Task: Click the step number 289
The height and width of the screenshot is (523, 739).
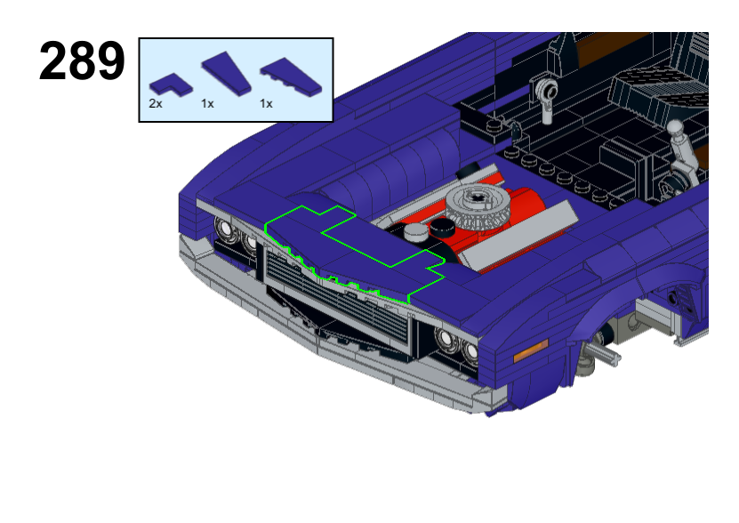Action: pos(82,60)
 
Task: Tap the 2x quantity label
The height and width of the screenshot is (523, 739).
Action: pos(156,104)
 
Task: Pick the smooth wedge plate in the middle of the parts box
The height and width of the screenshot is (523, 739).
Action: pos(226,74)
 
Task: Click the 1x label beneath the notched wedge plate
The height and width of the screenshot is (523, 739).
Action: pos(266,104)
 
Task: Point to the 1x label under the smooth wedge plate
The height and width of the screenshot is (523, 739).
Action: pos(207,104)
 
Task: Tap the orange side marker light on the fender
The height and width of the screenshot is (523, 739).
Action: pos(531,351)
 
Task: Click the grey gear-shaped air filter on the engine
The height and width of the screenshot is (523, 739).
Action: pos(478,206)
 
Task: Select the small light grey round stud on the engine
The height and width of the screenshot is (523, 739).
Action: pos(415,232)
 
